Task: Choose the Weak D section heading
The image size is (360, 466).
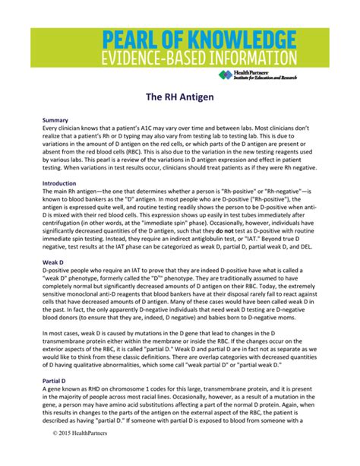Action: pyautogui.click(x=54, y=261)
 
